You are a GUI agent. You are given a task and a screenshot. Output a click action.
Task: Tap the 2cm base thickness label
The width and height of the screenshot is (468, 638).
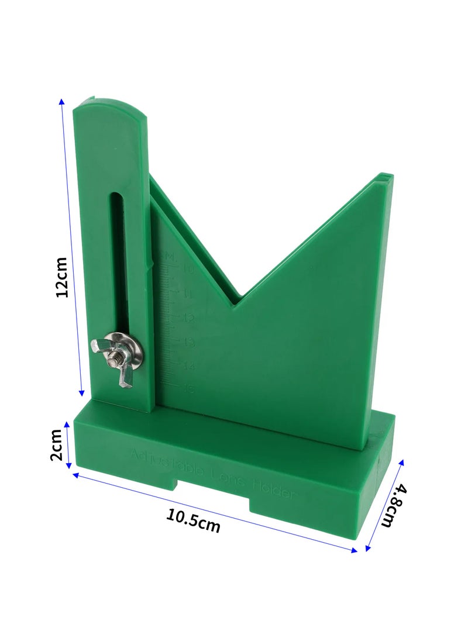pos(57,444)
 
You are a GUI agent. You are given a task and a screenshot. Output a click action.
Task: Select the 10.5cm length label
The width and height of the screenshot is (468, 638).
pos(193,520)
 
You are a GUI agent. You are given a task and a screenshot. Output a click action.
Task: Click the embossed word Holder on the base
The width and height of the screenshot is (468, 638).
pos(273,489)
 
